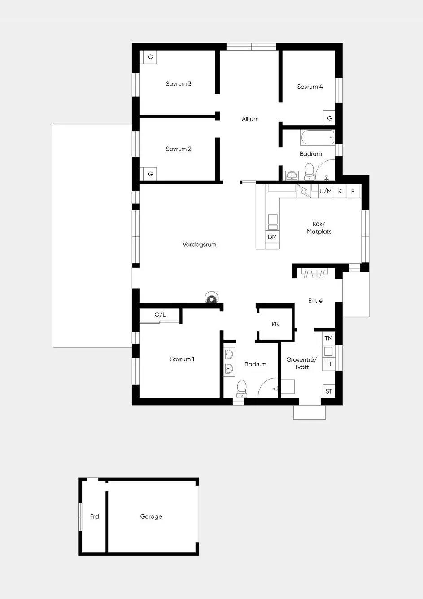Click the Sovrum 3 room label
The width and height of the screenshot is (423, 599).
click(179, 84)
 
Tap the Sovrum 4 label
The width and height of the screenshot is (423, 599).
click(310, 87)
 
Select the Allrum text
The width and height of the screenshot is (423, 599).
click(250, 119)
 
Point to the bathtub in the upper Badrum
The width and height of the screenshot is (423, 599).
click(318, 137)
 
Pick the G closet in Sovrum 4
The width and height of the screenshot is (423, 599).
click(329, 118)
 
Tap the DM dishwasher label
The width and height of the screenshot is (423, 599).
click(272, 236)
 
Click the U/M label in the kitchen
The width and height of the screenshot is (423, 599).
click(325, 191)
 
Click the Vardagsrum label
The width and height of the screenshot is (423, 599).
click(200, 245)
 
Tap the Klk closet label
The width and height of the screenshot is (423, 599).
click(275, 324)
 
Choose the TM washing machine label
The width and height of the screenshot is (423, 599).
click(329, 338)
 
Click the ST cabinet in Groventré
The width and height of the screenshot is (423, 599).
click(329, 391)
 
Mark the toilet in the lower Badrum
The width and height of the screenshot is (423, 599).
click(242, 389)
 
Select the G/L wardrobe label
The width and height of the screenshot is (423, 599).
click(160, 315)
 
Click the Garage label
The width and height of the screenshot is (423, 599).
click(151, 516)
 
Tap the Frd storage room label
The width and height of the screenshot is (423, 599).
click(94, 516)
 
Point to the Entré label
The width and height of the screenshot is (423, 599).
click(315, 301)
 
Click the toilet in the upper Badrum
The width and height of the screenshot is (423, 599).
click(310, 172)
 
